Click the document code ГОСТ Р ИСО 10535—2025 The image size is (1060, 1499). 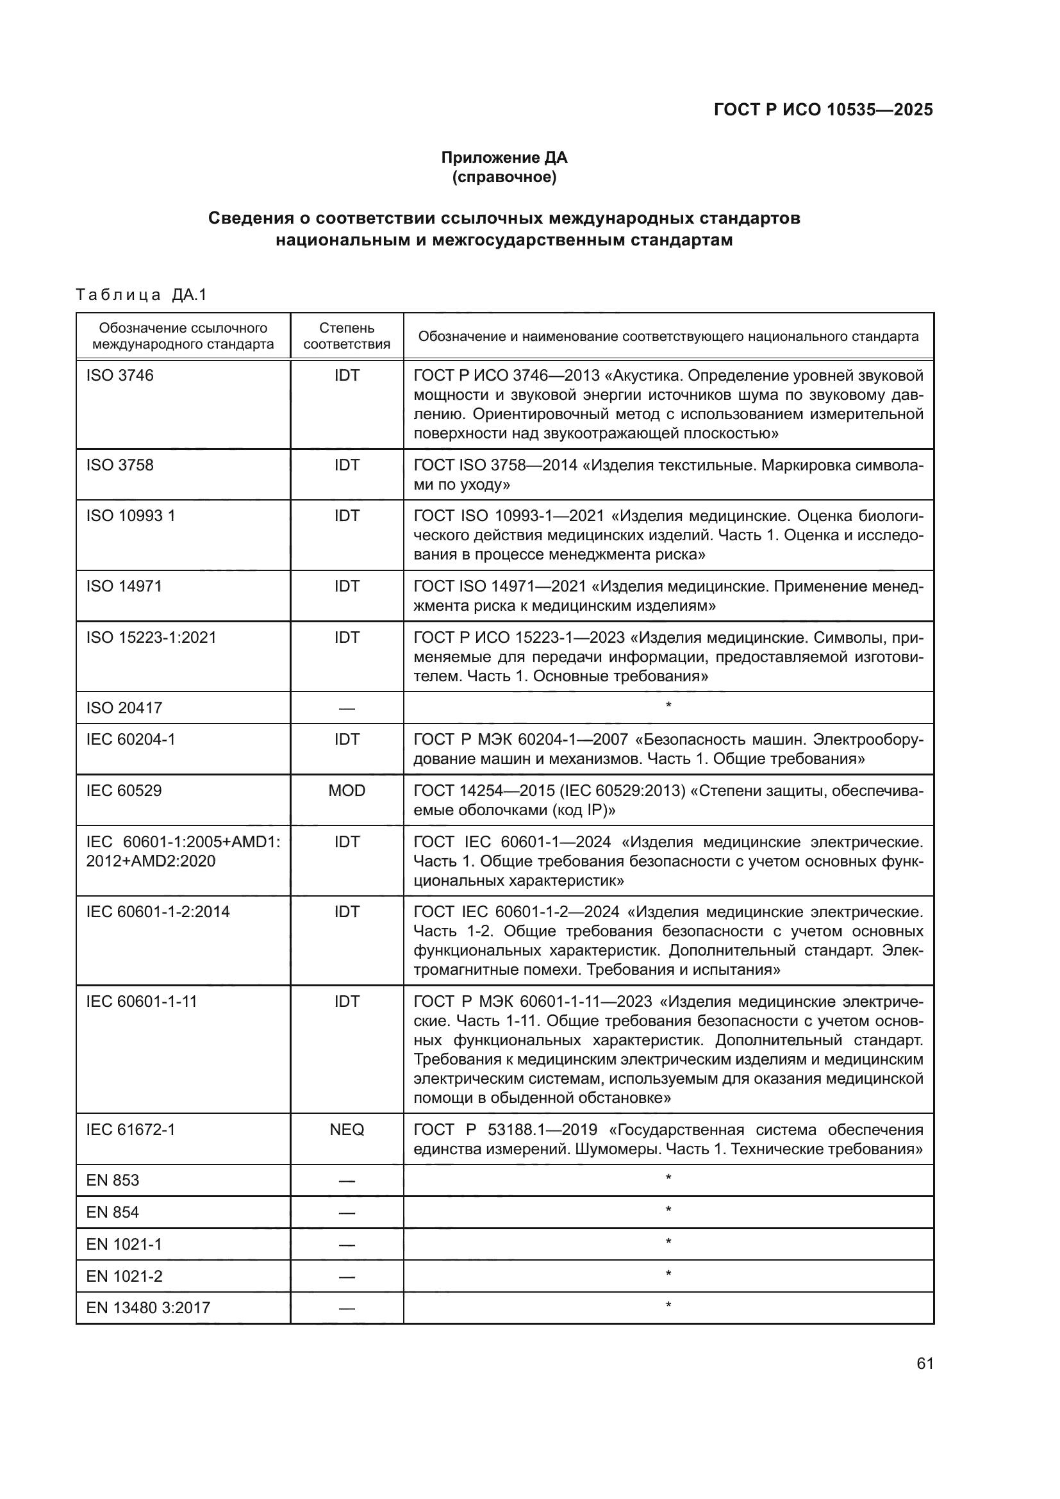823,110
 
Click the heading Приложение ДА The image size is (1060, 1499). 504,158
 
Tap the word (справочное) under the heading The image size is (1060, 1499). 504,177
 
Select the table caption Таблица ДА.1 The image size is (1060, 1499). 141,295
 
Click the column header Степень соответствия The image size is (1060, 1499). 347,336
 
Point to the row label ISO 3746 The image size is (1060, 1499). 119,376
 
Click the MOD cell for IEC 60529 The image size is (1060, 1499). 347,791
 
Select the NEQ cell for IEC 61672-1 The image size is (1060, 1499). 347,1129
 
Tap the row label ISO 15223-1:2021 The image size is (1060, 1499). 151,637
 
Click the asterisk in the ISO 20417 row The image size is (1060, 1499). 668,706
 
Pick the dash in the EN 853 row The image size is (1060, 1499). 347,1181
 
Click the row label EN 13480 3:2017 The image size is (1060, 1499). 148,1308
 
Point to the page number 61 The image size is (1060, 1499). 924,1363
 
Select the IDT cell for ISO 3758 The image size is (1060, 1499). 347,465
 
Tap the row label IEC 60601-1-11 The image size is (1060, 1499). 141,1002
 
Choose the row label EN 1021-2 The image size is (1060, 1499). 124,1276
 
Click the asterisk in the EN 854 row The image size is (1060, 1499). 668,1211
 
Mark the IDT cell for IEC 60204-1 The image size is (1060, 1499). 347,739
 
